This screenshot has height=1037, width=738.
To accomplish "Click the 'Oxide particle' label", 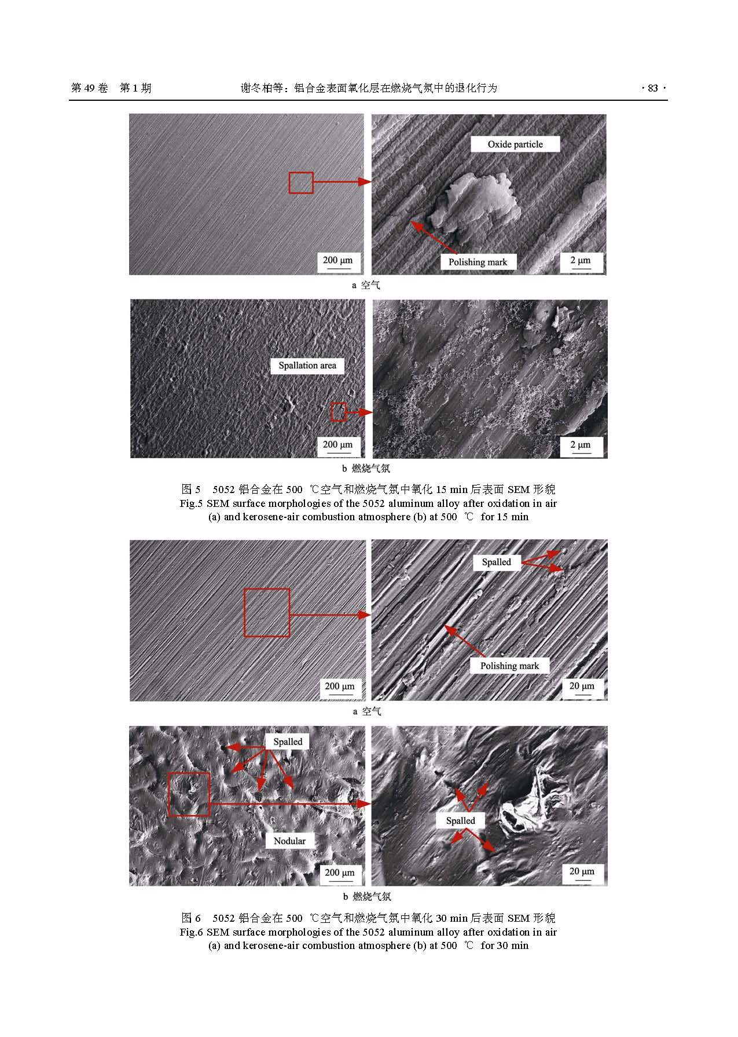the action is (515, 144).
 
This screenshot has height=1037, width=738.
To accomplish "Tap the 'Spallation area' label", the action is (307, 366).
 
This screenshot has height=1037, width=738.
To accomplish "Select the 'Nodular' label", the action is (289, 841).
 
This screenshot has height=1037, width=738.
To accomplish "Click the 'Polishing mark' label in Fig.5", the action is (478, 262).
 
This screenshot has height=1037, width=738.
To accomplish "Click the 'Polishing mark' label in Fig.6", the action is (509, 666).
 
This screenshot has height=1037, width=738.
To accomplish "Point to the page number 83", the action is (653, 88).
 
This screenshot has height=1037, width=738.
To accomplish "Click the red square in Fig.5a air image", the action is (301, 182).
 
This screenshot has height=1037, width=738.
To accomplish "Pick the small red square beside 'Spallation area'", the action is (339, 412).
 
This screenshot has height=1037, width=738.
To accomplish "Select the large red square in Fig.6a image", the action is (266, 612).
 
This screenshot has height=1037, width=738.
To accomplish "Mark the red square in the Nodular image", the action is (189, 794).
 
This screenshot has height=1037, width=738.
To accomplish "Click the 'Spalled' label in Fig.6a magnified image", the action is (497, 562).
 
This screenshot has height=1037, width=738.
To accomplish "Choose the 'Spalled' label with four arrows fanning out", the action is (288, 742).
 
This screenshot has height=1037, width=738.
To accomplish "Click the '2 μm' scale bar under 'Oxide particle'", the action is (581, 262).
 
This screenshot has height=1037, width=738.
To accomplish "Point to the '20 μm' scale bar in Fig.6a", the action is (582, 687).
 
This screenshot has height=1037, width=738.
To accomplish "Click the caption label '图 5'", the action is (191, 488).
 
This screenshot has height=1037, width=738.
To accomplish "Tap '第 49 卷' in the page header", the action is (90, 88).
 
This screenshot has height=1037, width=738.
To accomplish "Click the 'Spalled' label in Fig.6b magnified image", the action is (461, 820).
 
